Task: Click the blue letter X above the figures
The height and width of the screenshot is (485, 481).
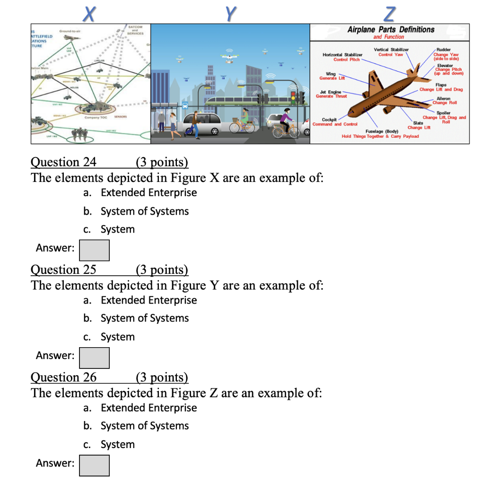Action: coord(88,14)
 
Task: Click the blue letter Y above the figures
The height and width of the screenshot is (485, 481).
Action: coord(230,14)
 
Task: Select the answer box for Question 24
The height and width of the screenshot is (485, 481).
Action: coord(94,250)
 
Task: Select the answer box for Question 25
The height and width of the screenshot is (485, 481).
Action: coord(94,358)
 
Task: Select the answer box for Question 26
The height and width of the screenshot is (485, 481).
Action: coord(94,465)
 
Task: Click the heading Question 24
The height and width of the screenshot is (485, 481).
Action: coord(63,162)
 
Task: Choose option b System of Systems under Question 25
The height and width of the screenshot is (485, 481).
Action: coord(145,318)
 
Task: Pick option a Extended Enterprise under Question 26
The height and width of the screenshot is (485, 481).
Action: coord(149,408)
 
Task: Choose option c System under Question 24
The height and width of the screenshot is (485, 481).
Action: coord(117,229)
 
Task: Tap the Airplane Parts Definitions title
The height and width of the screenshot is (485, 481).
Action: coord(391,29)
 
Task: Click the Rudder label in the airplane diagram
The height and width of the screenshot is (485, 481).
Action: coord(444,49)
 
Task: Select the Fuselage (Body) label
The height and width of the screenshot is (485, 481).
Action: coord(382,131)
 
